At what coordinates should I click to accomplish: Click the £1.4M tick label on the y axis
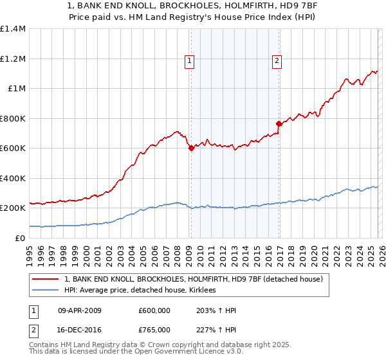click(x=13, y=29)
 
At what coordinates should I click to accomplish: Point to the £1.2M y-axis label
click(x=13, y=59)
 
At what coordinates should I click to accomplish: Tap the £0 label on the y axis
click(x=20, y=238)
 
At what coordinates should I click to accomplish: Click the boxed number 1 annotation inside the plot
click(x=190, y=61)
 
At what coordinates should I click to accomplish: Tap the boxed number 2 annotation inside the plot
click(x=277, y=61)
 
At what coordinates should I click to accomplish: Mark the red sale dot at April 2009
click(x=191, y=148)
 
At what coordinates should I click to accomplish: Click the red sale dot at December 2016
click(x=279, y=123)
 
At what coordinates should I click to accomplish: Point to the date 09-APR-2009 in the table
click(x=80, y=310)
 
